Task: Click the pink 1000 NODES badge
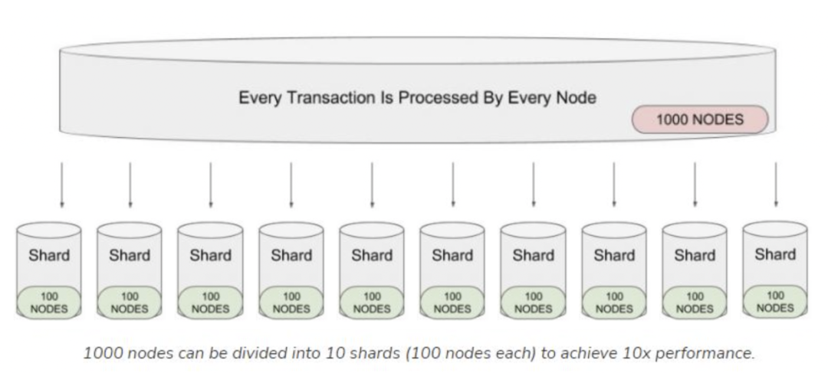pyautogui.click(x=699, y=120)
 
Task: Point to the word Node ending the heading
pyautogui.click(x=577, y=98)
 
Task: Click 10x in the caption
pyautogui.click(x=653, y=354)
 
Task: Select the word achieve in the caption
pyautogui.click(x=606, y=354)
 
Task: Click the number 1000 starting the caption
pyautogui.click(x=100, y=354)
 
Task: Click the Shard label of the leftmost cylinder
pyautogui.click(x=49, y=255)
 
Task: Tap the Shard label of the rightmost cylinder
pyautogui.click(x=775, y=254)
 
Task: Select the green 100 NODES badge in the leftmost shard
pyautogui.click(x=49, y=303)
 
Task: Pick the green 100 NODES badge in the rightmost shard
pyautogui.click(x=775, y=301)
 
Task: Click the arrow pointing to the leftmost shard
pyautogui.click(x=62, y=185)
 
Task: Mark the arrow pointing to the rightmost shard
pyautogui.click(x=775, y=185)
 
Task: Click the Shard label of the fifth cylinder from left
pyautogui.click(x=372, y=255)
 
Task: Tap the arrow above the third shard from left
pyautogui.click(x=211, y=185)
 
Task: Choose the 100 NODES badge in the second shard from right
pyautogui.click(x=695, y=303)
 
